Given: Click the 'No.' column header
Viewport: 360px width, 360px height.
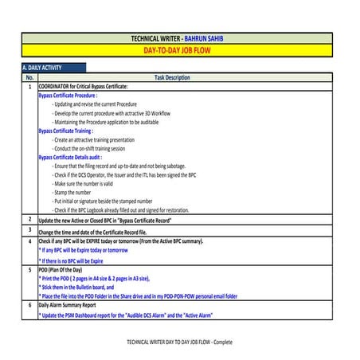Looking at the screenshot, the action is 29,78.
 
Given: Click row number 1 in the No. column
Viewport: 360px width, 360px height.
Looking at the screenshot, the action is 29,86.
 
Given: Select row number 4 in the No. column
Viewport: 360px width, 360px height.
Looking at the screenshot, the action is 29,241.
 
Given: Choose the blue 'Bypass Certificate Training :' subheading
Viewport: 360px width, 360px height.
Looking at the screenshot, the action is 71,130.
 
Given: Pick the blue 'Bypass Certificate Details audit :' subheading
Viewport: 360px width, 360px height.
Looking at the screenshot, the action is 78,157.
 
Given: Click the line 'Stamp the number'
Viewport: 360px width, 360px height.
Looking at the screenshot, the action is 72,193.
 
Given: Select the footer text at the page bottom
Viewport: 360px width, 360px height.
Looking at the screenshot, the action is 179,341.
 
